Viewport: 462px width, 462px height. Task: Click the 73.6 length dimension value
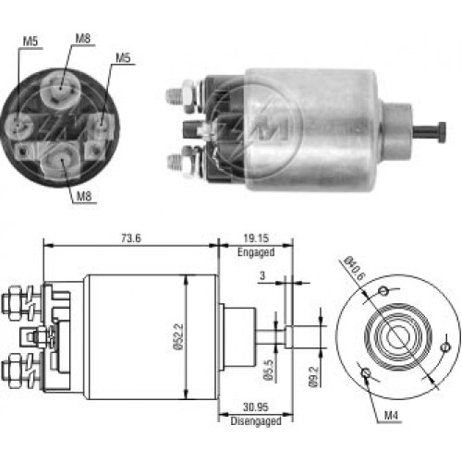point(131,238)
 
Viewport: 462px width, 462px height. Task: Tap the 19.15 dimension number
point(256,238)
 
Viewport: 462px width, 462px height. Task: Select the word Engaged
point(256,252)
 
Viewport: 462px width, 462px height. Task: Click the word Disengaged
point(256,420)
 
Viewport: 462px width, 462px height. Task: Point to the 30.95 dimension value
point(256,407)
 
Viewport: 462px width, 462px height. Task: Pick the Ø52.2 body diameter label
point(178,336)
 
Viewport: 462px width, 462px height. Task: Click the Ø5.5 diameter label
point(269,370)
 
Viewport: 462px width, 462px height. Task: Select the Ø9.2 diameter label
point(313,377)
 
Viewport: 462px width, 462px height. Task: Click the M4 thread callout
point(391,416)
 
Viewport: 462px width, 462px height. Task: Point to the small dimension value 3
point(262,275)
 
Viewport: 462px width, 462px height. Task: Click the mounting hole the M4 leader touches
point(366,372)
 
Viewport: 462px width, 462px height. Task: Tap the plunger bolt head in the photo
point(442,132)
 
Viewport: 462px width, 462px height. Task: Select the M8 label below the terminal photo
point(84,196)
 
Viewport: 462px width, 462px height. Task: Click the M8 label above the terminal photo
point(83,39)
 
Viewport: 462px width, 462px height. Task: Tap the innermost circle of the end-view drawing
point(396,336)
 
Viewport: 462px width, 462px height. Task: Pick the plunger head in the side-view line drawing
point(287,336)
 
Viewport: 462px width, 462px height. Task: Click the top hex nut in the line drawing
point(13,303)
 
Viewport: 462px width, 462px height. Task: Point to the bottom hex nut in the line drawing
point(13,371)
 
